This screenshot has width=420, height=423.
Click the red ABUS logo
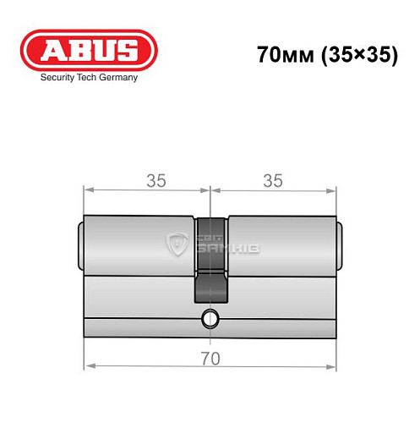point(89,50)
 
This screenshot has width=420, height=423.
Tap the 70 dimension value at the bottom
point(210,358)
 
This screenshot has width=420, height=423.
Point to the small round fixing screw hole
point(210,320)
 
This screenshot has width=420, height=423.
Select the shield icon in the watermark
point(178,243)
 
